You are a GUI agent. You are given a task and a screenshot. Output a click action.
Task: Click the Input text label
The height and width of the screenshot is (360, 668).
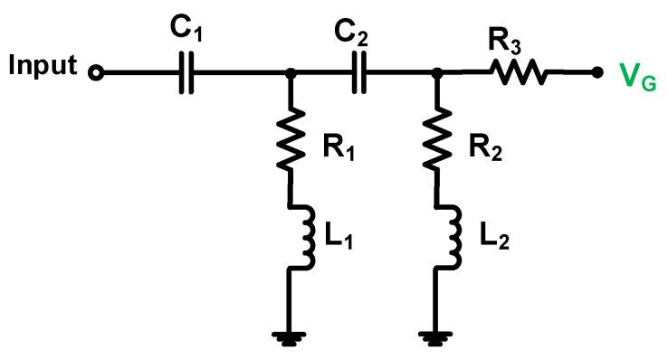(x=43, y=67)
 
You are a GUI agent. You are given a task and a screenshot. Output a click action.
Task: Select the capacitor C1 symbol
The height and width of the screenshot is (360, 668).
(x=187, y=72)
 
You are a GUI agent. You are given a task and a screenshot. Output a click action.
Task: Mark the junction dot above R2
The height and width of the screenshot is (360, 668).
(x=438, y=72)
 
